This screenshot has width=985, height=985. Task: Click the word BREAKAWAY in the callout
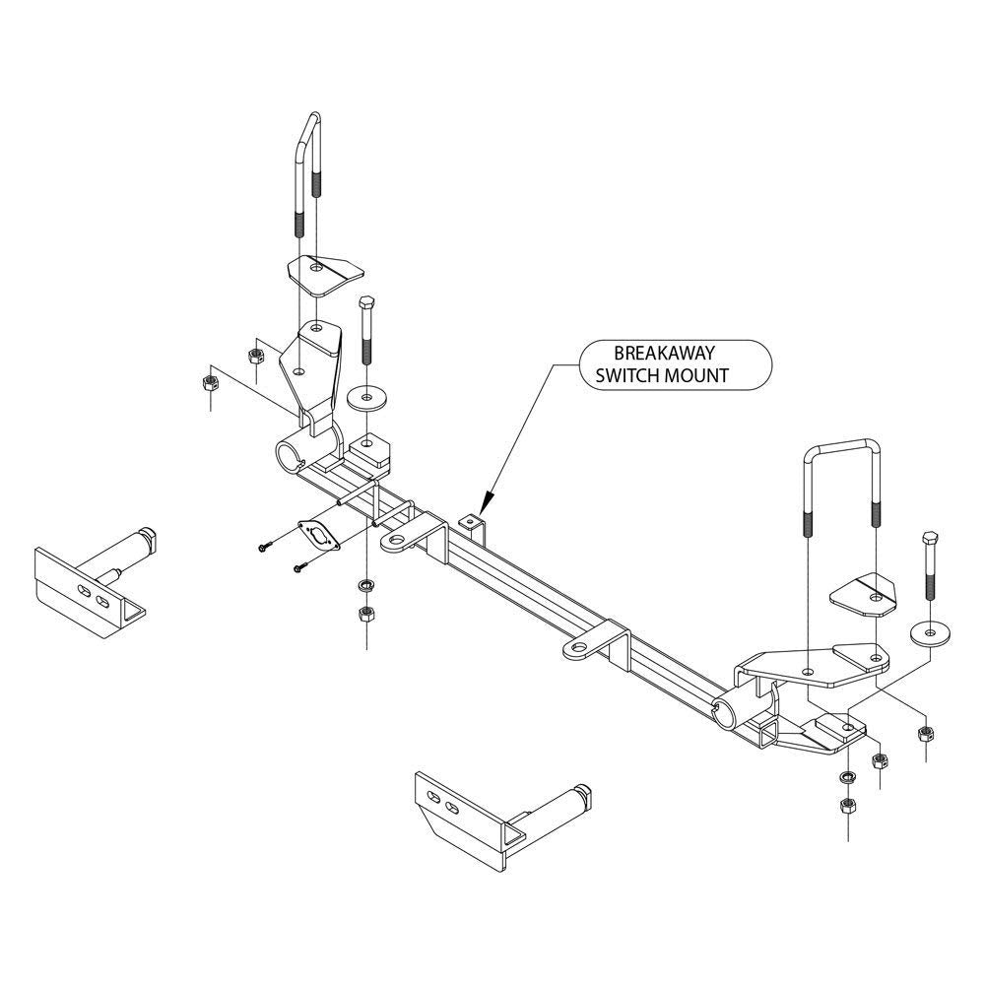point(666,353)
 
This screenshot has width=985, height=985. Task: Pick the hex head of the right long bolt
point(930,539)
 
